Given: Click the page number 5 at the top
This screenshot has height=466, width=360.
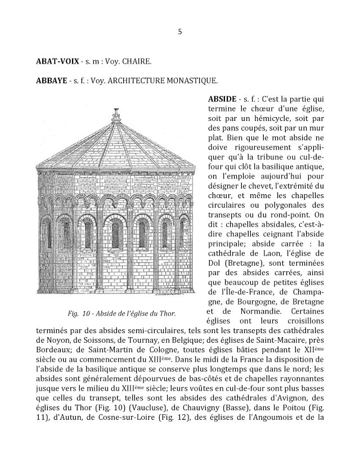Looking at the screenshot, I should [180, 32].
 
